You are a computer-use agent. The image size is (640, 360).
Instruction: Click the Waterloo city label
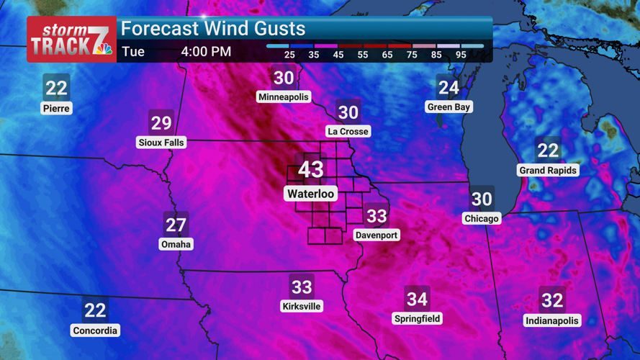(x=311, y=194)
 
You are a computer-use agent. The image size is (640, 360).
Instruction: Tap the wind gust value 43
(x=311, y=170)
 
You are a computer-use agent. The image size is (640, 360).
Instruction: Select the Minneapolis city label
(x=284, y=97)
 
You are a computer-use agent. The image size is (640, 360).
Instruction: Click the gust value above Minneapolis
(x=284, y=78)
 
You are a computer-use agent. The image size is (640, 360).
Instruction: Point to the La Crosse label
(x=348, y=131)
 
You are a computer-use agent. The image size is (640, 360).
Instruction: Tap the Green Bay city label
(x=449, y=107)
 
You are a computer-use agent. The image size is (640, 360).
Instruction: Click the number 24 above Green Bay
(x=449, y=88)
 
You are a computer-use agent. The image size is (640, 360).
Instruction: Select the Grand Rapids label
(x=548, y=171)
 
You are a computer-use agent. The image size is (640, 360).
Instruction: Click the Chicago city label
(x=482, y=218)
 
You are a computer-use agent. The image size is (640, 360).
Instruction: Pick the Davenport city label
(x=377, y=235)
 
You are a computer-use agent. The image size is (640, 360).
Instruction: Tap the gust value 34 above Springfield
(x=418, y=299)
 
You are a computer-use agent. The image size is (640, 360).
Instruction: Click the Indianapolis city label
(x=552, y=320)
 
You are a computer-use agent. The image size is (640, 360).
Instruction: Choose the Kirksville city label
(x=302, y=307)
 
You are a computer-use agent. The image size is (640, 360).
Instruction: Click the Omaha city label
(x=176, y=244)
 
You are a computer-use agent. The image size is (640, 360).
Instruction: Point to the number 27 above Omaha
(x=176, y=225)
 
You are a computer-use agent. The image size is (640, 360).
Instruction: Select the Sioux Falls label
(x=161, y=143)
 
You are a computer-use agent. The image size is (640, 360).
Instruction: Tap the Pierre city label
(x=56, y=109)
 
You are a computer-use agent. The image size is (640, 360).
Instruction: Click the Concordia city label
(x=95, y=330)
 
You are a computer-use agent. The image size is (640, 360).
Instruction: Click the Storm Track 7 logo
(x=71, y=40)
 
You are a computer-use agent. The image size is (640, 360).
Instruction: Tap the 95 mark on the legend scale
(x=461, y=55)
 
